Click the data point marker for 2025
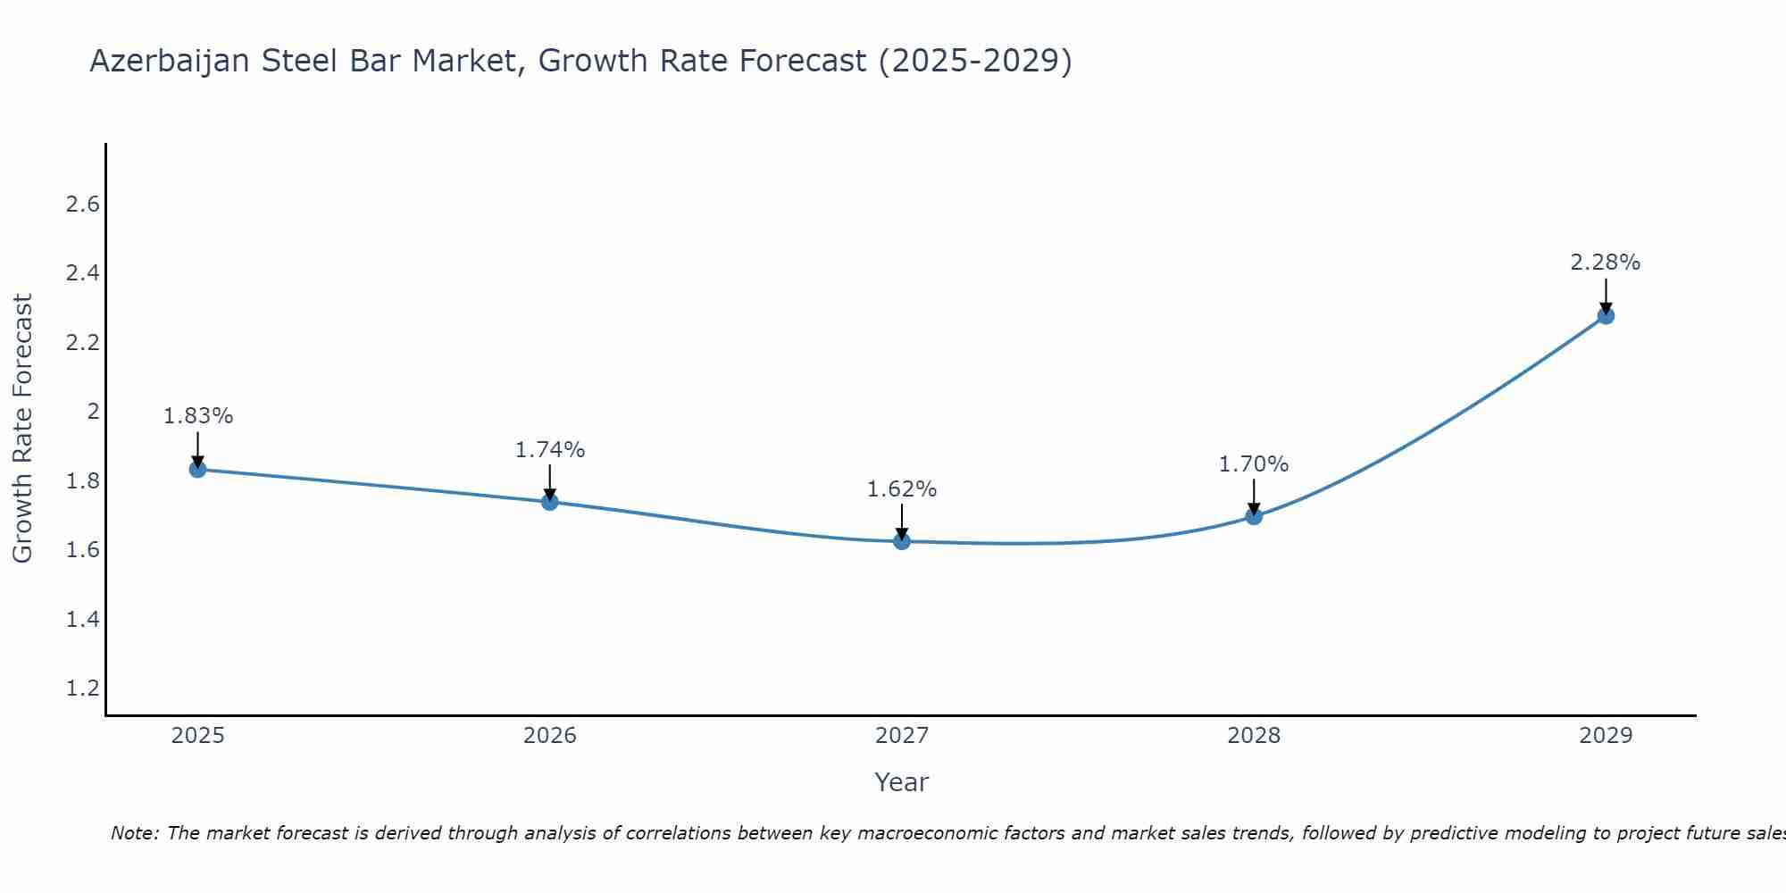[198, 470]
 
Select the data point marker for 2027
[902, 541]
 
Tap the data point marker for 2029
[1606, 315]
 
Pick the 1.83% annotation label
[198, 416]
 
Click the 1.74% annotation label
[550, 450]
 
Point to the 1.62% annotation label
[902, 489]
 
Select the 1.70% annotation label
[1254, 464]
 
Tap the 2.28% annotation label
[1606, 263]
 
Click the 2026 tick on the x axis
[550, 736]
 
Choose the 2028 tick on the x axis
[1254, 736]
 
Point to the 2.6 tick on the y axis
[82, 204]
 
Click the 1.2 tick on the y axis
[82, 689]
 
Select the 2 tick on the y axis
[92, 412]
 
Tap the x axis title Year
[902, 782]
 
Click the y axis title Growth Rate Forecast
[23, 429]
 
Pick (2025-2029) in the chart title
[975, 61]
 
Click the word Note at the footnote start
[134, 833]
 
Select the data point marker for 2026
[550, 502]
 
